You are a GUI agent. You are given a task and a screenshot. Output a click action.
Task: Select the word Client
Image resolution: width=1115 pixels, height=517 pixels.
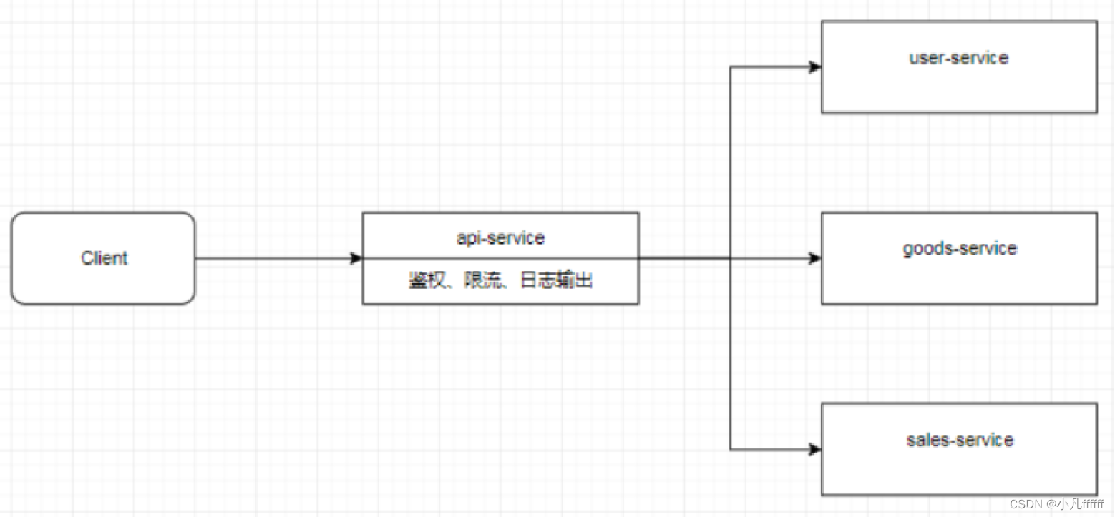coord(104,258)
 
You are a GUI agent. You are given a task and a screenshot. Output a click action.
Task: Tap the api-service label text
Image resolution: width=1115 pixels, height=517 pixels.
coord(500,237)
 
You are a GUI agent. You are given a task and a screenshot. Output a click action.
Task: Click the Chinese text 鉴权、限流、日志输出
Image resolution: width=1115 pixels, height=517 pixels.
coord(500,281)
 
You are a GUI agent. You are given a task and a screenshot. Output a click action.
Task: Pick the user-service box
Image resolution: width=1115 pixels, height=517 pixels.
coord(959,86)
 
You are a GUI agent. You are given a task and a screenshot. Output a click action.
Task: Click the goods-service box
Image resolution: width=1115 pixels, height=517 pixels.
coord(959,279)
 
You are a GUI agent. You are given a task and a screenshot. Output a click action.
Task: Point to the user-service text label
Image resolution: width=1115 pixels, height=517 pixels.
coord(959,58)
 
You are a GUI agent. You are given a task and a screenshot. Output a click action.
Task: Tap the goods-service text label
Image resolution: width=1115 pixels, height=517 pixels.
coord(959,249)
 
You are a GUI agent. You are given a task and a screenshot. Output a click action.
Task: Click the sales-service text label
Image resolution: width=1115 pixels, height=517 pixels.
coord(960,439)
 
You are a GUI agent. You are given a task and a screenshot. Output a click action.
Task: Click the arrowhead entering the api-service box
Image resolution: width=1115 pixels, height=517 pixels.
coord(356,258)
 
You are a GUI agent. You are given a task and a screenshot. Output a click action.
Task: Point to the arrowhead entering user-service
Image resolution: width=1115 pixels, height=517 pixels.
coord(814,67)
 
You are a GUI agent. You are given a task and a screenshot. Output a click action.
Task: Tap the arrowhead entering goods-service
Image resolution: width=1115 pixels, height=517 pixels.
coord(814,258)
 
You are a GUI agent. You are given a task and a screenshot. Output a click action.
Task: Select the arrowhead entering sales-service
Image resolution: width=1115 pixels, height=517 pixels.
coord(814,449)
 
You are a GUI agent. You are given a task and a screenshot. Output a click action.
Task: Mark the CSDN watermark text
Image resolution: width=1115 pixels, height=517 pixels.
coord(1058,505)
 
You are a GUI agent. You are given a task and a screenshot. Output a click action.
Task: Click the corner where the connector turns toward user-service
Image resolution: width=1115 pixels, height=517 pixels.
coord(730,67)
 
